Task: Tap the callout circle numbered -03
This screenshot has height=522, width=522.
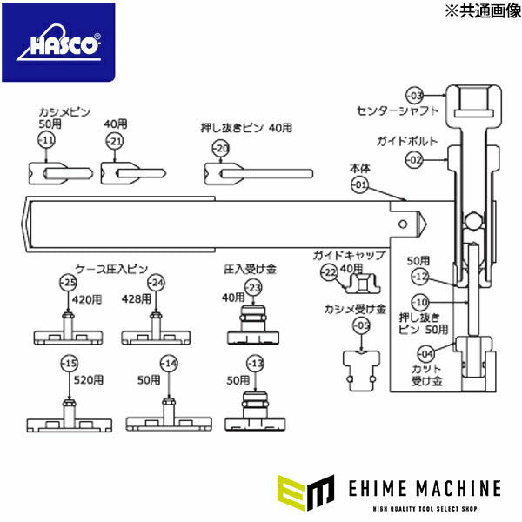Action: point(415,94)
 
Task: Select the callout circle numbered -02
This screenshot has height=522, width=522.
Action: point(415,159)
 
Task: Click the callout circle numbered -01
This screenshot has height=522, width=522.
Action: point(360,184)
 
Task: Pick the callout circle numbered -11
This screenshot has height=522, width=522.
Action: point(46,141)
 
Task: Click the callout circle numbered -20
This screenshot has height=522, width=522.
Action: point(221,148)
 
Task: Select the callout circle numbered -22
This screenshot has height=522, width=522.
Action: point(328,272)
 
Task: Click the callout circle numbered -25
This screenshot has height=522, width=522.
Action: point(68,282)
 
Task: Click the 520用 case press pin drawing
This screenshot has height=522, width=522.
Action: point(70,416)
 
